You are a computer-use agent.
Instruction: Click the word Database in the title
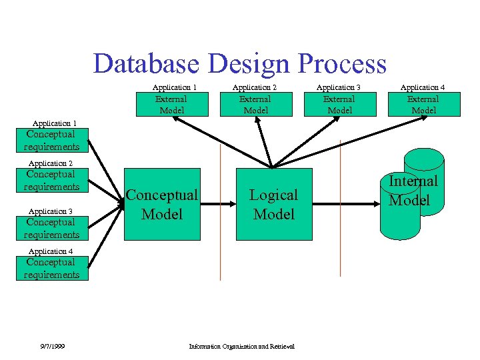(x=146, y=63)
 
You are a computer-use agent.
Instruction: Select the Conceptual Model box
(x=162, y=204)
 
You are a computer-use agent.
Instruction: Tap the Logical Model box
(x=273, y=204)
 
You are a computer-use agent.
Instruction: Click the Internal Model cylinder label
(x=413, y=190)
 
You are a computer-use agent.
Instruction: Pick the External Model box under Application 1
(x=171, y=105)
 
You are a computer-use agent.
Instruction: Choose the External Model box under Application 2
(x=256, y=105)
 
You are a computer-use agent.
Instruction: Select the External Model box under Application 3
(x=339, y=105)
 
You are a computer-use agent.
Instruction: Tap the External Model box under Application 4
(x=424, y=105)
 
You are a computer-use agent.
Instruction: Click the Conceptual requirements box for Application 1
(x=52, y=141)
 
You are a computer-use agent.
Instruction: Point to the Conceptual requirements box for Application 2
(x=52, y=181)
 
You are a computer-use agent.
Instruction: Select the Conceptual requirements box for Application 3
(x=52, y=228)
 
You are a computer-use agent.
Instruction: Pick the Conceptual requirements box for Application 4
(x=52, y=268)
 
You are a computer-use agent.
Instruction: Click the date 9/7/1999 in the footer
(x=51, y=346)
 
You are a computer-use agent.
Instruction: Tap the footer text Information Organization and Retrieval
(x=241, y=346)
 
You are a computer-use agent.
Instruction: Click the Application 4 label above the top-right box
(x=422, y=87)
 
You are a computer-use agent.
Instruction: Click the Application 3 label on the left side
(x=50, y=211)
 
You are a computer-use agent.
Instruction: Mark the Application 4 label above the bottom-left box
(x=50, y=251)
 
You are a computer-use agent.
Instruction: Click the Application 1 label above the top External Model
(x=174, y=87)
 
